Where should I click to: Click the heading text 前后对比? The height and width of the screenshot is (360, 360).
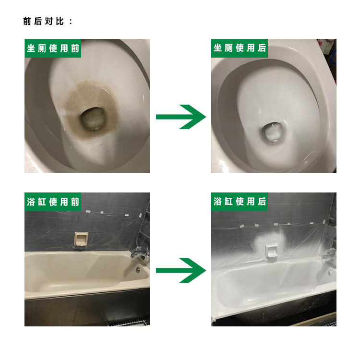(x=43, y=21)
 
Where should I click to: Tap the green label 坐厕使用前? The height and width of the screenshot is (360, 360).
(x=53, y=48)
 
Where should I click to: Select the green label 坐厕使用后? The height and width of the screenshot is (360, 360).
(x=240, y=48)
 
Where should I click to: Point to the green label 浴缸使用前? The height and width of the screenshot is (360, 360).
(x=53, y=202)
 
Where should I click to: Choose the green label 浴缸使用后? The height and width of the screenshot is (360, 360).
(x=240, y=202)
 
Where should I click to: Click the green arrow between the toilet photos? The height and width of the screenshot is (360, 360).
(x=181, y=117)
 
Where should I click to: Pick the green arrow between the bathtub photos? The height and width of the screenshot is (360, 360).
(x=181, y=270)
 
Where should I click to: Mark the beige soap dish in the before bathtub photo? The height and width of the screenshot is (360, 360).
(x=81, y=239)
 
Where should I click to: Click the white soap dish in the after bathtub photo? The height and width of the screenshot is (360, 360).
(x=271, y=251)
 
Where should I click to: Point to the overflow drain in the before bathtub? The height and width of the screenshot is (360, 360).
(x=138, y=269)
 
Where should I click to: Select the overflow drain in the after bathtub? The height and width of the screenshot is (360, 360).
(x=329, y=273)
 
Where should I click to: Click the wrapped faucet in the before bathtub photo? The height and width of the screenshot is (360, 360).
(x=140, y=252)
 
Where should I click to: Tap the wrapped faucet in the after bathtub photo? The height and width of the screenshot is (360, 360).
(x=329, y=255)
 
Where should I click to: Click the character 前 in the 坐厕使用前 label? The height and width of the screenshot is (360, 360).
(x=75, y=48)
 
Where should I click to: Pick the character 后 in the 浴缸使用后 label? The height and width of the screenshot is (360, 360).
(x=262, y=202)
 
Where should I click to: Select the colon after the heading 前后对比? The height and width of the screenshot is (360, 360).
(x=71, y=22)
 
